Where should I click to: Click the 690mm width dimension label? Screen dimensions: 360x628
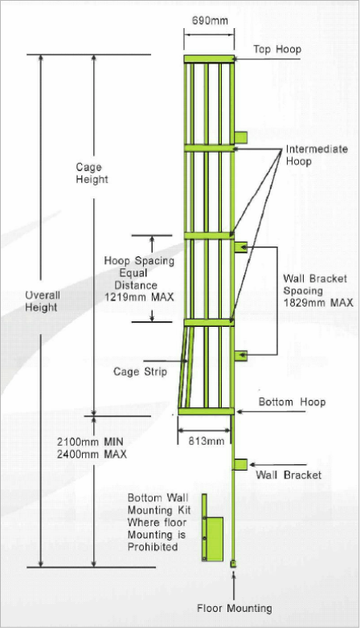tap(210, 20)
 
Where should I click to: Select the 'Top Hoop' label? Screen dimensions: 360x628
tap(277, 50)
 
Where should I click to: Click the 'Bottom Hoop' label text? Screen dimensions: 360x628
tap(292, 402)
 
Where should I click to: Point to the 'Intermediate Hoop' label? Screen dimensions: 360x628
tap(317, 156)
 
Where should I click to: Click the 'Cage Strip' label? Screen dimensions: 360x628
tap(141, 372)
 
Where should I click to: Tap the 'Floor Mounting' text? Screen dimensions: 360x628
tap(235, 609)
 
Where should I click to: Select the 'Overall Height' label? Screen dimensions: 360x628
tap(42, 301)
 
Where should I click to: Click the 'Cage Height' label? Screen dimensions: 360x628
tap(92, 173)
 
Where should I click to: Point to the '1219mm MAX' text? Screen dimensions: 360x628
tap(139, 297)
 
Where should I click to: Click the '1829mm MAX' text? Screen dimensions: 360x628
tap(318, 303)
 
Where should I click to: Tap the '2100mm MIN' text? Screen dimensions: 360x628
tap(90, 442)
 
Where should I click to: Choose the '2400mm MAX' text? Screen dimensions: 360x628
tap(92, 455)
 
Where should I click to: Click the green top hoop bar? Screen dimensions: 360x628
tap(209, 59)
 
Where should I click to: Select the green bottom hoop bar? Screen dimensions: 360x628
tap(206, 411)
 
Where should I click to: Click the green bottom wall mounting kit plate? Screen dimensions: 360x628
tap(215, 539)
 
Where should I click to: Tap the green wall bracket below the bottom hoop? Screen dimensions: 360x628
tap(240, 465)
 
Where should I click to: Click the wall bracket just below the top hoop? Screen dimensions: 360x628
tap(240, 137)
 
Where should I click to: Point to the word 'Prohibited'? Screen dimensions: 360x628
tap(153, 547)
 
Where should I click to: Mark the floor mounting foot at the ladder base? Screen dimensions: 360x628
tap(232, 564)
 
